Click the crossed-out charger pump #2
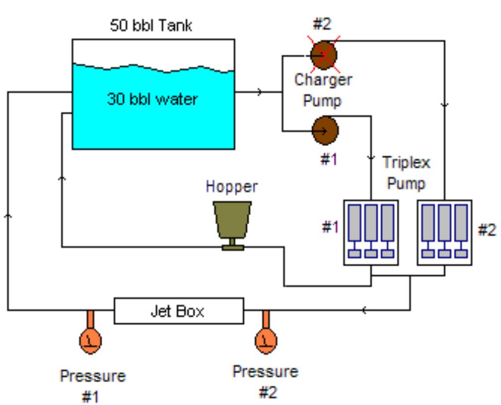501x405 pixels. click(323, 54)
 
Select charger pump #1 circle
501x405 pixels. click(325, 130)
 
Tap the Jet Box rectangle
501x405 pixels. click(179, 311)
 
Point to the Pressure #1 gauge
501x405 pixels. click(90, 340)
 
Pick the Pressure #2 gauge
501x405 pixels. click(266, 340)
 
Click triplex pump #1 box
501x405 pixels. click(371, 232)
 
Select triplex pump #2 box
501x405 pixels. click(444, 232)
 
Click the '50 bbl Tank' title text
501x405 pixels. click(150, 26)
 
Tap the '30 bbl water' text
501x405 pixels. click(152, 99)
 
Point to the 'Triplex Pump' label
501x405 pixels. click(406, 173)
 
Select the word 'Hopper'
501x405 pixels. click(232, 187)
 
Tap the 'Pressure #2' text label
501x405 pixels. click(266, 381)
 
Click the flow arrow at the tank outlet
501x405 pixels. click(259, 92)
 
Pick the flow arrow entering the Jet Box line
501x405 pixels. click(364, 311)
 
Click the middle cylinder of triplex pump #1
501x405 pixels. click(371, 223)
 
